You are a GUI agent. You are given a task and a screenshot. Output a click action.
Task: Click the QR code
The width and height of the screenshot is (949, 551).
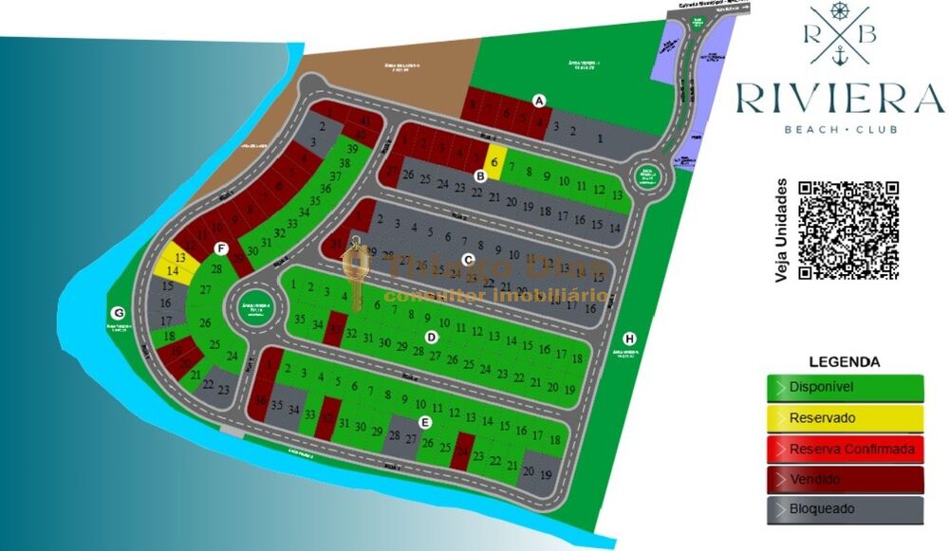point(847,230)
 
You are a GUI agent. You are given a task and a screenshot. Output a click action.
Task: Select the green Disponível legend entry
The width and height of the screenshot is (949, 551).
point(845,388)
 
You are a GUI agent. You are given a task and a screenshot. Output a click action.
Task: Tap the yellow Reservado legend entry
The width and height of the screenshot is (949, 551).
point(845,418)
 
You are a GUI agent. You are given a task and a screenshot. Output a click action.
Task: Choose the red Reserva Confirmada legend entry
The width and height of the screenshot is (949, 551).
point(845,449)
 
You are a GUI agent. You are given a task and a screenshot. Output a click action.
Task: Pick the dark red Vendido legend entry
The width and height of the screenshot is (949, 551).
point(845,479)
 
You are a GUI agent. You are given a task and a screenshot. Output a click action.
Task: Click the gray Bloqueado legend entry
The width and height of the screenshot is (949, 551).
point(845,509)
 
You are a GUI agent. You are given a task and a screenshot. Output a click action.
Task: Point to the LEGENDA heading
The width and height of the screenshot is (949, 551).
point(844,361)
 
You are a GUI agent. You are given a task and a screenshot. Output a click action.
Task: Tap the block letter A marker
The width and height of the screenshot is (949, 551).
point(540,100)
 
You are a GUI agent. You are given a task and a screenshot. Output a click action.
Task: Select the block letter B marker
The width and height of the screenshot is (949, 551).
point(480,175)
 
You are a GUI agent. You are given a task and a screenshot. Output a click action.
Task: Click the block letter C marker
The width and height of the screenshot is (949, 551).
point(467,259)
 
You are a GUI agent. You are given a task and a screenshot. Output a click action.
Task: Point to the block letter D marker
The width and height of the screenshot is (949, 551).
point(431,337)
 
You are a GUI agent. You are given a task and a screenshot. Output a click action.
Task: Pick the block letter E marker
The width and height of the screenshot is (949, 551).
point(425,422)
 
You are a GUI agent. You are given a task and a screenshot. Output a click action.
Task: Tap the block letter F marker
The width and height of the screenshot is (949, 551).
point(221,249)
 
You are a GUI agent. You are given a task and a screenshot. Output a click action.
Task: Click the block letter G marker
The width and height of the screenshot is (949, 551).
point(119,313)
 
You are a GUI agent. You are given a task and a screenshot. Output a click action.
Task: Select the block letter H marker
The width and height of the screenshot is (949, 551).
point(630,339)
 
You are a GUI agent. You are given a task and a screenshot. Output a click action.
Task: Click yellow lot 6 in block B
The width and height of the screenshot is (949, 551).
point(494,162)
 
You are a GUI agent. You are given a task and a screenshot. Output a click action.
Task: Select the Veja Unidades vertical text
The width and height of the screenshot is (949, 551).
point(782,230)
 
